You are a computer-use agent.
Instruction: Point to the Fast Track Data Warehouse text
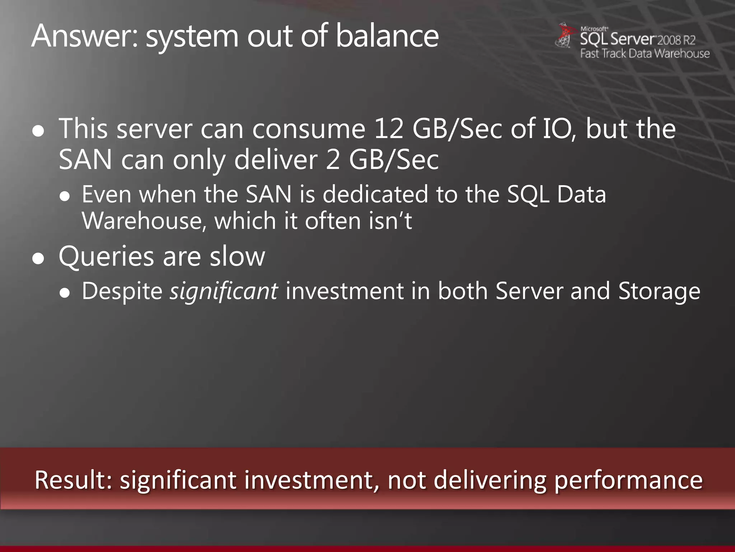(x=645, y=54)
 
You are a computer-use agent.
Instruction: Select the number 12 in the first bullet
(x=389, y=129)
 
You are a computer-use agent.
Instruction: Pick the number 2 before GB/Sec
(x=333, y=160)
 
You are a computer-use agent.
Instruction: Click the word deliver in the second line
(x=276, y=160)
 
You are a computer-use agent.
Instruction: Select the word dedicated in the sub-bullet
(x=375, y=194)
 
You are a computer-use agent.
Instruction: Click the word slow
(x=237, y=257)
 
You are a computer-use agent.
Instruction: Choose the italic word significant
(x=224, y=291)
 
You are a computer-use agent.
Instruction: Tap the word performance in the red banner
(x=628, y=481)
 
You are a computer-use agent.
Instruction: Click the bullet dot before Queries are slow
(x=38, y=259)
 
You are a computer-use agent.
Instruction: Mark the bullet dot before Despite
(x=65, y=293)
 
